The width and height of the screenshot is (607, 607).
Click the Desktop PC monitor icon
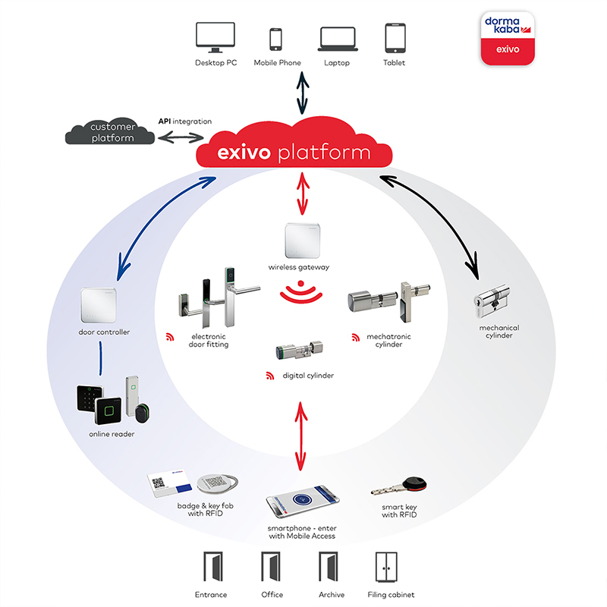coord(215,37)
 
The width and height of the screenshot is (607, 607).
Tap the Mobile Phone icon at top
coord(275,39)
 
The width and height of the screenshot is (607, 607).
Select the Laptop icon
coord(338,39)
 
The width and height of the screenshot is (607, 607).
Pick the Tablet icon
coord(395,38)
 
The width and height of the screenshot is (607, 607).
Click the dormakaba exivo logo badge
coord(508,38)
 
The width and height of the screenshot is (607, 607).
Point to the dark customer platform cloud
coord(110,131)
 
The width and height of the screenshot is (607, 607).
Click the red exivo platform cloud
coord(294,143)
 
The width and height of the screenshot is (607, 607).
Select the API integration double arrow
coord(181,137)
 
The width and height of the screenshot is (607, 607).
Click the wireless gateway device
coord(302,241)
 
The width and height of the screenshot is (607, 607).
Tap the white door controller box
coord(99,305)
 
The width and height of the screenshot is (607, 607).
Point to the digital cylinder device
coord(299,350)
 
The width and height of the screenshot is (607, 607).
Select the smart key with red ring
coord(399,486)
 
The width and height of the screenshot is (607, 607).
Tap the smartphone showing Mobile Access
coord(302,501)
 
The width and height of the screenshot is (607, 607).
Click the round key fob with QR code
coord(217,483)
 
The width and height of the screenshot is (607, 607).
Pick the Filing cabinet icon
coord(386,567)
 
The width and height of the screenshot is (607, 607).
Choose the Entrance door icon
coord(213,567)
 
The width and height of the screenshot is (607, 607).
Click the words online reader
coord(112,434)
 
